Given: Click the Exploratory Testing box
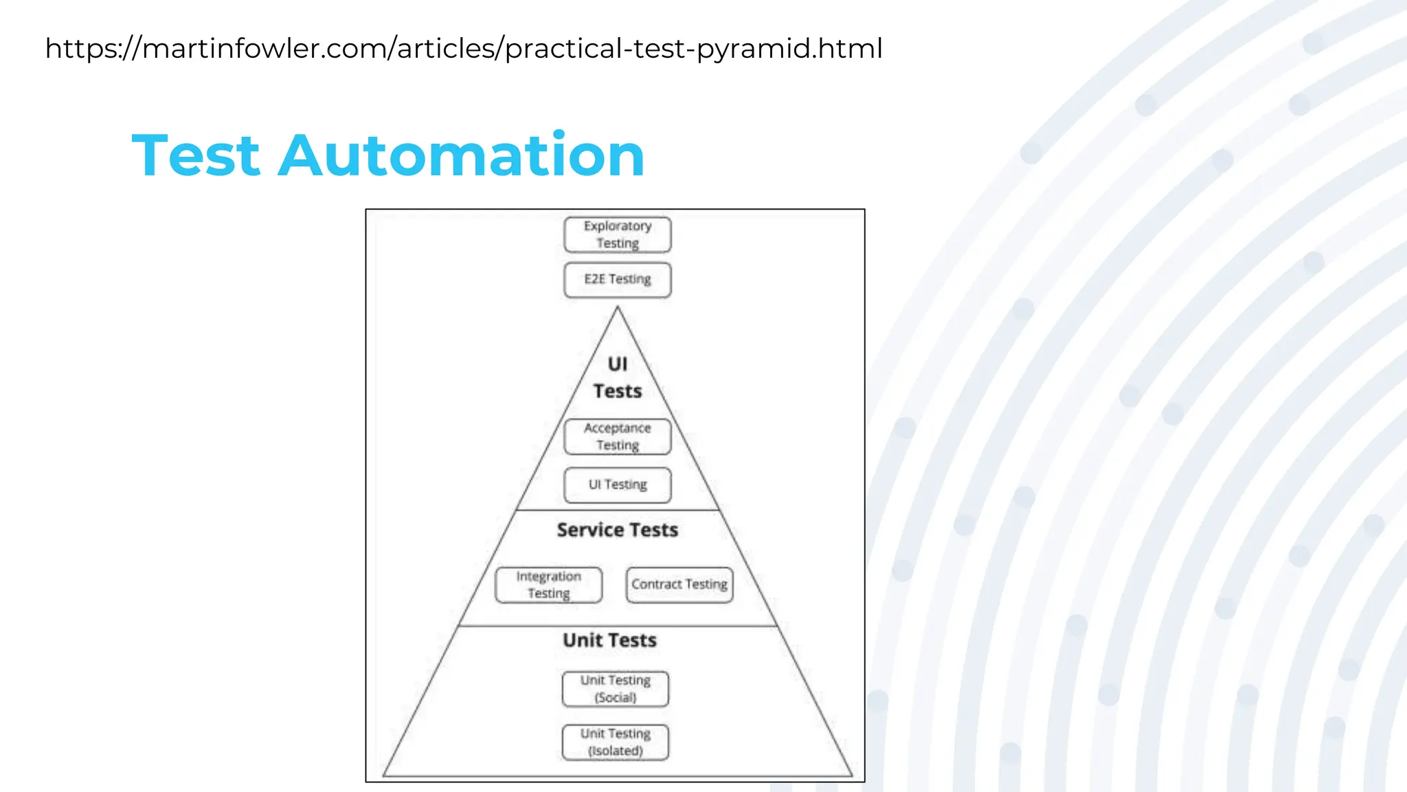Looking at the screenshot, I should [x=617, y=234].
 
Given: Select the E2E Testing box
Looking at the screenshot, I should [x=617, y=279].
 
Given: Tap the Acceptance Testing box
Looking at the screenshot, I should [x=617, y=437].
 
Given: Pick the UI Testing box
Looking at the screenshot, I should [x=617, y=485].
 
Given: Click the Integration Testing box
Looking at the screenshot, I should [x=548, y=584].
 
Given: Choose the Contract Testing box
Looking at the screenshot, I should [x=679, y=584].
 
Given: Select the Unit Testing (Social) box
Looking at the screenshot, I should [x=615, y=689].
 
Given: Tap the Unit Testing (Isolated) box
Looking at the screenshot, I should [x=615, y=742].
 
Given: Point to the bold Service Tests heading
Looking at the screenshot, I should [x=617, y=530].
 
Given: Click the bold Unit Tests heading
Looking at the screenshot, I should [x=609, y=640].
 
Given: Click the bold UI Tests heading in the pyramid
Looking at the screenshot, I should [x=617, y=377].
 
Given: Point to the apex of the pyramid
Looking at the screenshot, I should [x=617, y=308].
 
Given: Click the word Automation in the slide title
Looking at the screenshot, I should [x=461, y=155].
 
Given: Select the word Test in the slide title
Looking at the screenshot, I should [x=196, y=155].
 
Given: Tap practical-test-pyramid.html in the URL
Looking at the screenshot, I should [x=694, y=49].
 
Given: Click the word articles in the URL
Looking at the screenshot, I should [x=446, y=49].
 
